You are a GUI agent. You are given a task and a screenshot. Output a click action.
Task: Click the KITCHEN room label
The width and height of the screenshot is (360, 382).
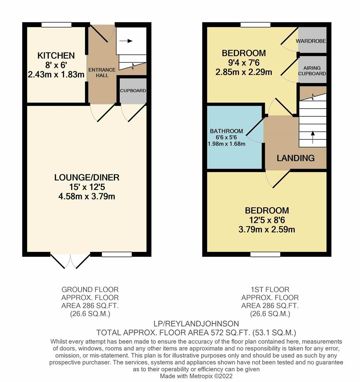click(x=56, y=56)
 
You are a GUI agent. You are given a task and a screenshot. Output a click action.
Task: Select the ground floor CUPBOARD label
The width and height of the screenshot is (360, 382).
click(x=133, y=91)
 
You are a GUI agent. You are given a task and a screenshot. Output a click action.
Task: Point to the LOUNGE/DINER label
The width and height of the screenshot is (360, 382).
click(x=86, y=178)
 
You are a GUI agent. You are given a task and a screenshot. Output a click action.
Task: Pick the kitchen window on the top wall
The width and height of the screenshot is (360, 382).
click(x=56, y=25)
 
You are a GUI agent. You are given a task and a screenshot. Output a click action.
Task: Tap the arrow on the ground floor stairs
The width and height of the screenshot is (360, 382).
click(x=126, y=41)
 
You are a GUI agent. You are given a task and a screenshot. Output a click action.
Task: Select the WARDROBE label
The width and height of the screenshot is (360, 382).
click(x=311, y=41)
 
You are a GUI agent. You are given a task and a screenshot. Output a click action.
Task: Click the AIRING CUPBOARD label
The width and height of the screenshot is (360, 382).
click(x=312, y=71)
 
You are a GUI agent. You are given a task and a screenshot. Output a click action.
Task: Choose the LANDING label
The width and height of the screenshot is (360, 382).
click(x=296, y=158)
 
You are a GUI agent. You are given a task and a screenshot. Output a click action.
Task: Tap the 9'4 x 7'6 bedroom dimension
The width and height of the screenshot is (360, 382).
click(x=244, y=63)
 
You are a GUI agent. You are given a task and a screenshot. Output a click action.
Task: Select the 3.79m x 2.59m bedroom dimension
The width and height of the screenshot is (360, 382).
click(x=267, y=229)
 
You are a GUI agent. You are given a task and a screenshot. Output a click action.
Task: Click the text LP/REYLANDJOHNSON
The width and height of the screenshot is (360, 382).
click(x=196, y=324)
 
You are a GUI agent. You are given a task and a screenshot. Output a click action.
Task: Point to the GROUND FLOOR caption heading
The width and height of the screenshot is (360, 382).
click(x=90, y=290)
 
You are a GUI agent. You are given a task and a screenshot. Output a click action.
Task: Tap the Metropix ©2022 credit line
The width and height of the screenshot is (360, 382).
click(x=196, y=376)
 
